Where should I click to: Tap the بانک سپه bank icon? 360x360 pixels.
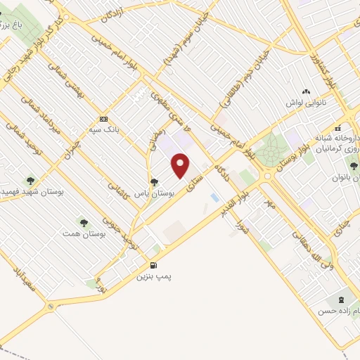103,118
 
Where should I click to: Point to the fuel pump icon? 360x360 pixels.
155,266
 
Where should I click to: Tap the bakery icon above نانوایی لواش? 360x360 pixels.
305,92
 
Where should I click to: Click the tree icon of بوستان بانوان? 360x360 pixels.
353,166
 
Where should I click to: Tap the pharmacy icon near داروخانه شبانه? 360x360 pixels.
337,129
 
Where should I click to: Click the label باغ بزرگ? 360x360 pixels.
14,25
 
